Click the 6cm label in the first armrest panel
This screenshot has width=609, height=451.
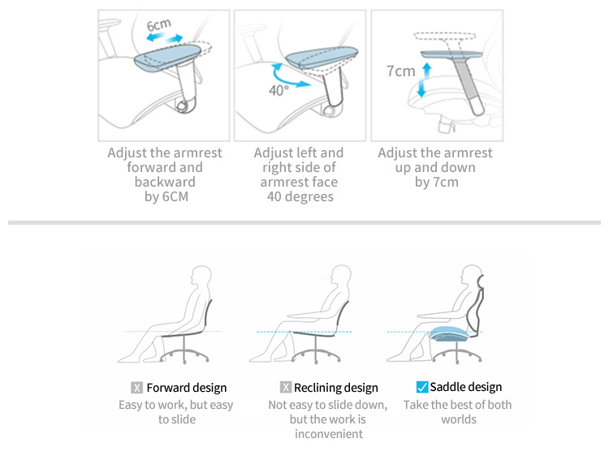click(158, 25)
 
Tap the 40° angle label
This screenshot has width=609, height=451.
click(279, 90)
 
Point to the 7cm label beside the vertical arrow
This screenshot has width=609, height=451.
click(401, 71)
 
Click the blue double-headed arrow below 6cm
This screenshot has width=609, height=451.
click(165, 38)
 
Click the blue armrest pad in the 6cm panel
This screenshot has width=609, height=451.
click(167, 58)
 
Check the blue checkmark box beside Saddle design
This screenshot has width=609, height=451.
click(421, 387)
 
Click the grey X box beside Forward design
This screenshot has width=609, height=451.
click(136, 388)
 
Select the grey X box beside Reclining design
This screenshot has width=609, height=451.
click(286, 387)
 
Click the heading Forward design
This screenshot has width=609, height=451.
click(187, 388)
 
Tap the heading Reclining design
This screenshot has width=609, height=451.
click(335, 388)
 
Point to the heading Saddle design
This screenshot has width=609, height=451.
click(466, 387)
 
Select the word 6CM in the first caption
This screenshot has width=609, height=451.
click(175, 196)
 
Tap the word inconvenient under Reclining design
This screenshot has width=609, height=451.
click(329, 433)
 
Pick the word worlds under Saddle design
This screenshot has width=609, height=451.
click(459, 419)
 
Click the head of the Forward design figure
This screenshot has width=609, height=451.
click(201, 277)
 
